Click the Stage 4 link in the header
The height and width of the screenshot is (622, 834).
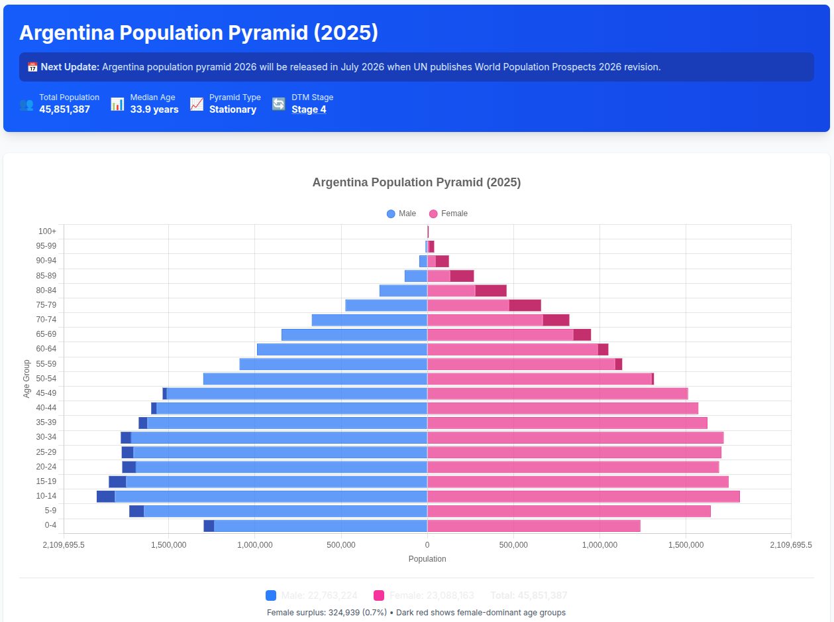(309, 109)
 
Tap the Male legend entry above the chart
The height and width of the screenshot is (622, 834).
(401, 214)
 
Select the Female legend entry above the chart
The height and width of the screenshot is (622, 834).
(448, 214)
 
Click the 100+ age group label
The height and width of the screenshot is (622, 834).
(48, 231)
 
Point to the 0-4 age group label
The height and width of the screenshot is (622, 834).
(50, 525)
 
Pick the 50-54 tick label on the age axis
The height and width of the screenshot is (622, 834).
(46, 379)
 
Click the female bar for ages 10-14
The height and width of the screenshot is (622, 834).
(583, 496)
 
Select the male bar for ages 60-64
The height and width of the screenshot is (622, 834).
(342, 349)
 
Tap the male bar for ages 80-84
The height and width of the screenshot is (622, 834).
(403, 290)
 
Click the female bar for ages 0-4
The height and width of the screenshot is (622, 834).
(533, 526)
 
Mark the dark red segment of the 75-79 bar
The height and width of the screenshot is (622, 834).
(525, 305)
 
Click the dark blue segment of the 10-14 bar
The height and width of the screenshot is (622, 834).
(106, 496)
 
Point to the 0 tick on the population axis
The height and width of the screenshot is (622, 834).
(427, 545)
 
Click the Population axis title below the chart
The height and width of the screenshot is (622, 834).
(427, 559)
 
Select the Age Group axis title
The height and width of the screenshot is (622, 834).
(27, 379)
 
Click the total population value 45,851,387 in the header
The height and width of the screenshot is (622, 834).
(64, 109)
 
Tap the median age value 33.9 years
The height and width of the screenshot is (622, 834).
(154, 109)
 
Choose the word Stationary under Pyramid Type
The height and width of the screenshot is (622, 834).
(233, 109)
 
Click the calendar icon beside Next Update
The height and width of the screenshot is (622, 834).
(32, 67)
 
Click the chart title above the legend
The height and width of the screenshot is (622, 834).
(417, 182)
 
